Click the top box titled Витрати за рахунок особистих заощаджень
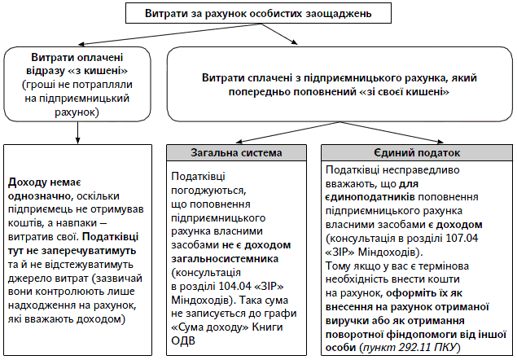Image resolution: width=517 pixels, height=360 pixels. tap(259, 14)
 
